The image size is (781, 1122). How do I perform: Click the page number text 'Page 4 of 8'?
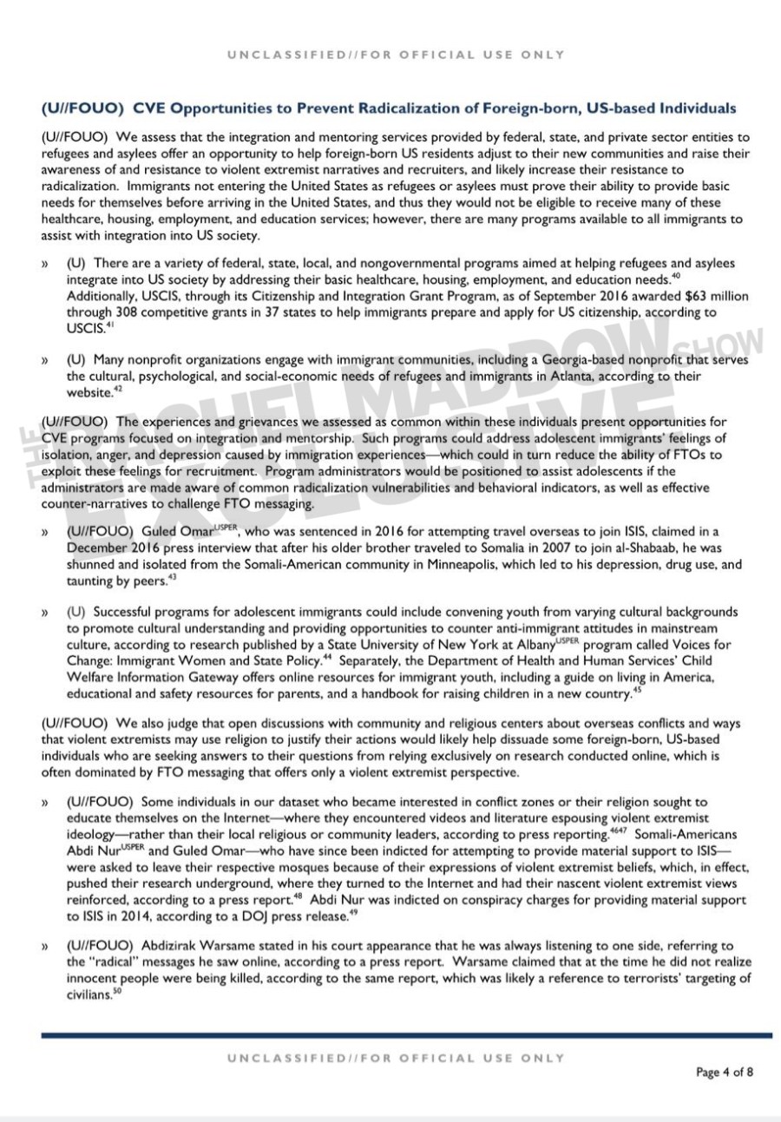pos(724,1072)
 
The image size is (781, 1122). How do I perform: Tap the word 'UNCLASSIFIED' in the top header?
pos(283,55)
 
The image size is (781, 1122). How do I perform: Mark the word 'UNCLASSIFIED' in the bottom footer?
pos(283,1058)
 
